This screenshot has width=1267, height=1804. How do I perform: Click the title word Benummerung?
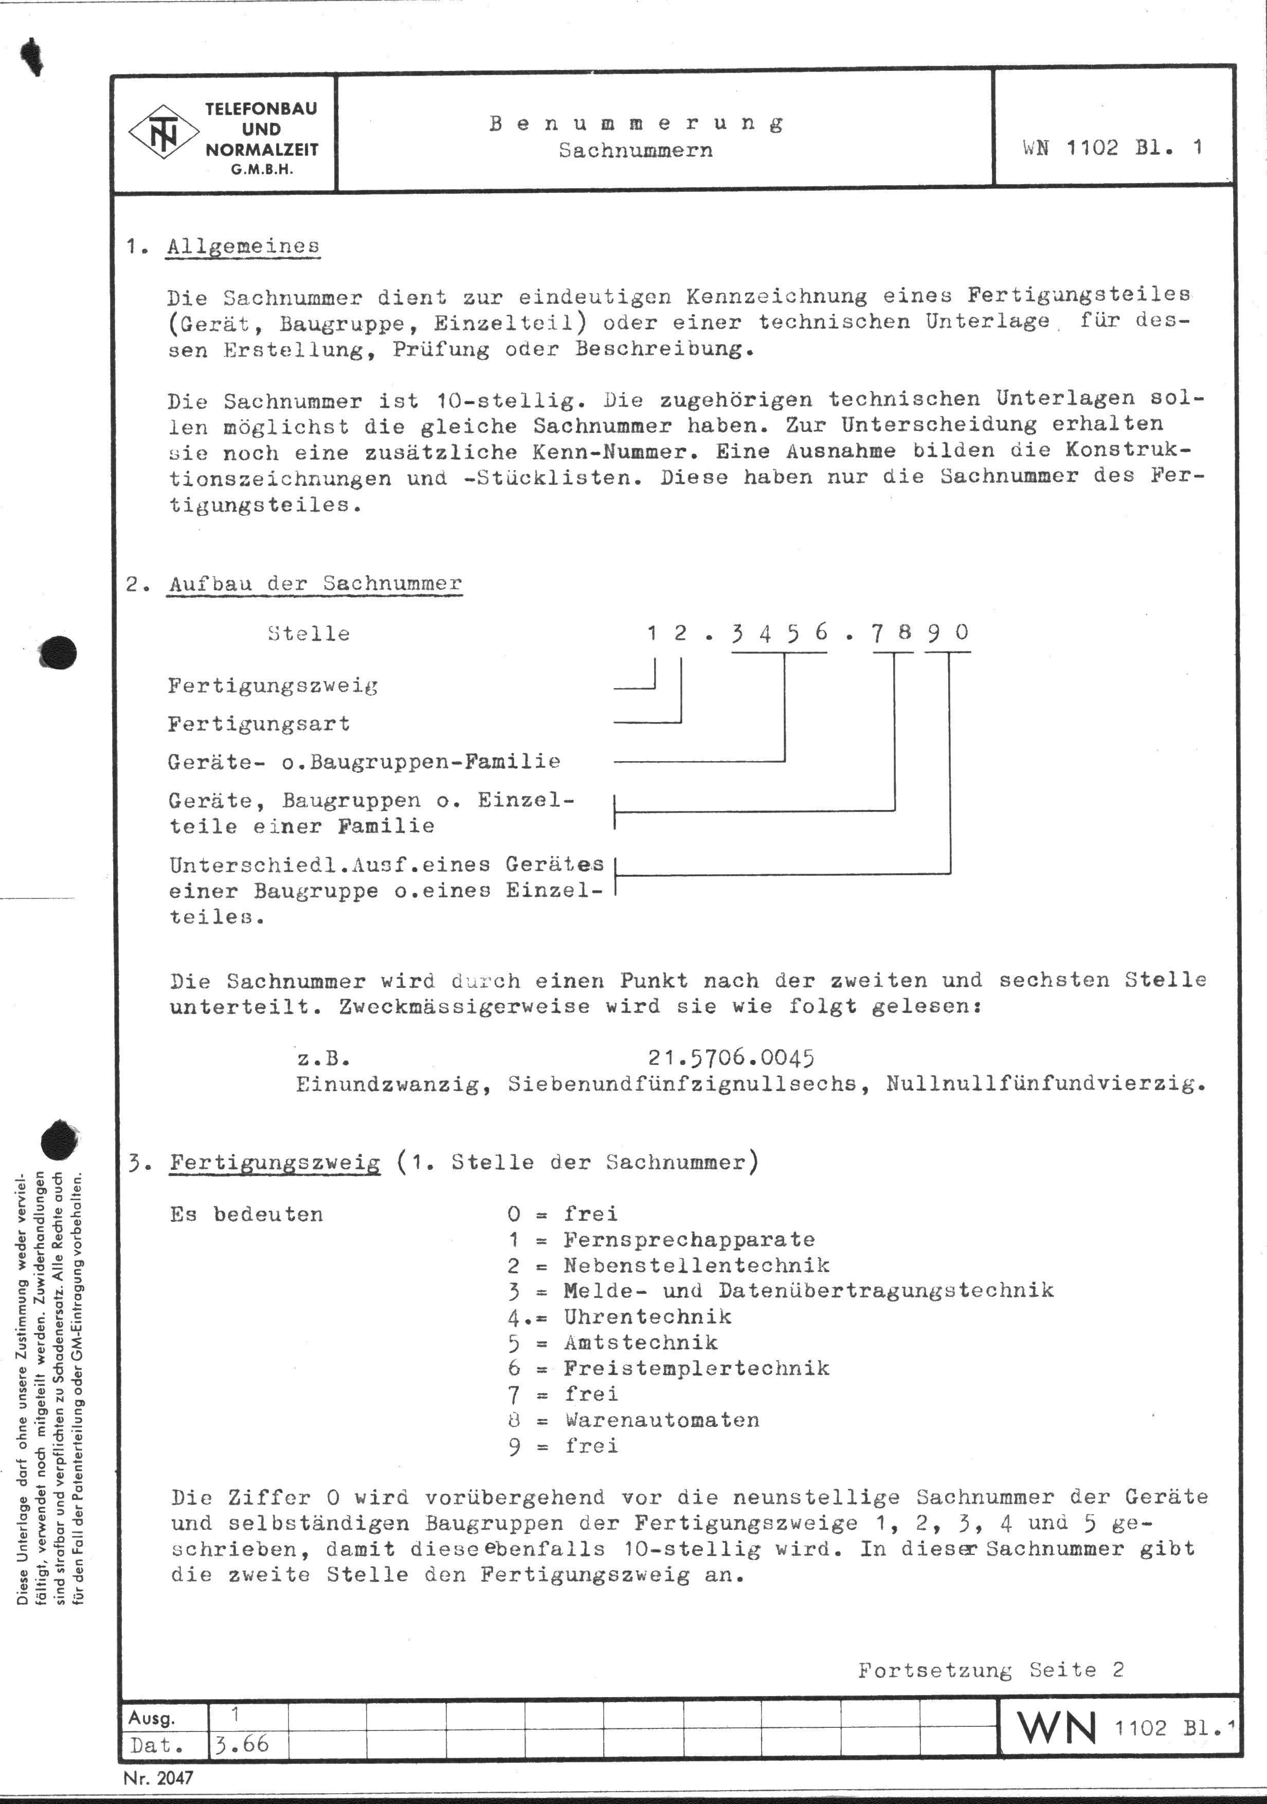click(x=636, y=123)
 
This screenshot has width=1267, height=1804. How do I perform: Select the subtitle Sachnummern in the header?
click(x=636, y=150)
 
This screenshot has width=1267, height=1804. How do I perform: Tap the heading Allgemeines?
click(x=244, y=246)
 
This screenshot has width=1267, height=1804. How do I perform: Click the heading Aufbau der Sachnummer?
click(x=314, y=584)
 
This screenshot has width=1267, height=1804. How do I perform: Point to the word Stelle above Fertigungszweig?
click(x=309, y=633)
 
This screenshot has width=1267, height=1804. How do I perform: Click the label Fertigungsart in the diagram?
click(x=259, y=724)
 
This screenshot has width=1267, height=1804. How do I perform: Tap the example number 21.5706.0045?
click(x=731, y=1058)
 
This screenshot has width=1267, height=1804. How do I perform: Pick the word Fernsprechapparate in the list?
click(x=689, y=1240)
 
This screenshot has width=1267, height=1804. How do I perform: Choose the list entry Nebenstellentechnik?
click(x=696, y=1265)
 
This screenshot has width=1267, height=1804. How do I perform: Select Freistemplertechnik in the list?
click(x=696, y=1368)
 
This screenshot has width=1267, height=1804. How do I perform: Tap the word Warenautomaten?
click(x=661, y=1420)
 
